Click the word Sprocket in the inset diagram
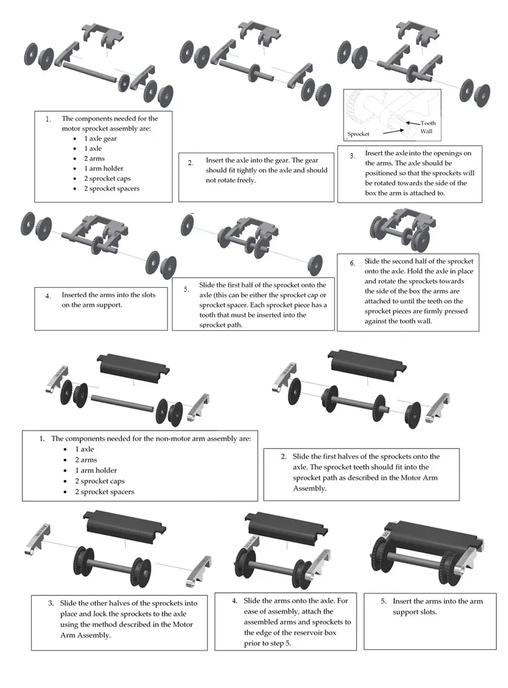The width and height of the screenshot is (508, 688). (x=358, y=134)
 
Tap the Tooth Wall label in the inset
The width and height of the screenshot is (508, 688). (x=428, y=127)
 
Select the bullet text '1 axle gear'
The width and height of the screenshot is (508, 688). (x=100, y=138)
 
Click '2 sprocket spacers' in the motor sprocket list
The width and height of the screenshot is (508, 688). (x=112, y=189)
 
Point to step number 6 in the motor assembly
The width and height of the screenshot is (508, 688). (x=352, y=263)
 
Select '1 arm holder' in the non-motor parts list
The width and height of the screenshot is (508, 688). (x=96, y=471)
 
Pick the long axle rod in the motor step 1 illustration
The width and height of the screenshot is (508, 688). (x=90, y=72)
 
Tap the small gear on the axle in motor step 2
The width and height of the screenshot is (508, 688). (x=254, y=72)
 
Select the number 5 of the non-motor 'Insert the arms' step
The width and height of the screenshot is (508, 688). (x=383, y=601)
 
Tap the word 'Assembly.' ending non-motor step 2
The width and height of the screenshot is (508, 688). (x=309, y=489)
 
